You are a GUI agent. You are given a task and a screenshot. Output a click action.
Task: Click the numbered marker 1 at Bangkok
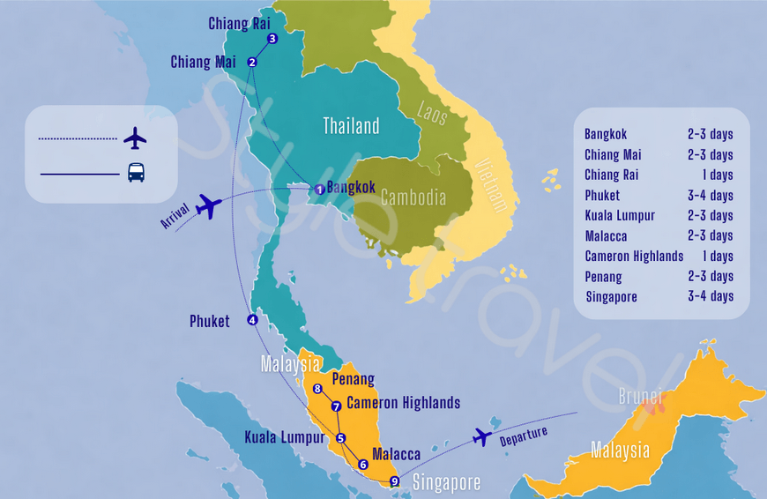tap(319, 190)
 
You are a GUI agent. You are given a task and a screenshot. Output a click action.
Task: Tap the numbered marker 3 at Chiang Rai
tap(272, 39)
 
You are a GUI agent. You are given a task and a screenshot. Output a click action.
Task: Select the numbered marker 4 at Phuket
tap(252, 320)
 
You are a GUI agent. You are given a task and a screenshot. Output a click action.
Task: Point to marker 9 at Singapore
tap(394, 481)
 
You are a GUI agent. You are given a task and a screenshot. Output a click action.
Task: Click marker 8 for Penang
tap(317, 389)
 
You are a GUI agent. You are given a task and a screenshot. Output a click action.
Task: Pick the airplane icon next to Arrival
tap(208, 206)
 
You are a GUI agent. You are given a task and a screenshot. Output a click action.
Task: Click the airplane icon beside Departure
tap(481, 436)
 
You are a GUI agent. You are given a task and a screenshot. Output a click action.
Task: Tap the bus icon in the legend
tap(136, 173)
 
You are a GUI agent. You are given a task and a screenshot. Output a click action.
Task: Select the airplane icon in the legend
tap(135, 138)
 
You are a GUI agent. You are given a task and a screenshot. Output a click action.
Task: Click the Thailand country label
tap(351, 126)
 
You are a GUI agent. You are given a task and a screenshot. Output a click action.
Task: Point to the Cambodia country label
tap(413, 197)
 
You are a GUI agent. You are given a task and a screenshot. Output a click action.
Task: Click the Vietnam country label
tap(491, 185)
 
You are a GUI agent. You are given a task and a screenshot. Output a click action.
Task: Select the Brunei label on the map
tap(640, 397)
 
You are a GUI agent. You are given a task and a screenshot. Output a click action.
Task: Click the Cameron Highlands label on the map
tap(403, 403)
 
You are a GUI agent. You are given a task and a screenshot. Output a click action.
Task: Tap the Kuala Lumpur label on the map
tap(284, 437)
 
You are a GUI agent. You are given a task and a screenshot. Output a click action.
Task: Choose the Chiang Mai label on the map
tap(203, 62)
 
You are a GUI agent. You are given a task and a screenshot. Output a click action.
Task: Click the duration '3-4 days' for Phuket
tap(710, 196)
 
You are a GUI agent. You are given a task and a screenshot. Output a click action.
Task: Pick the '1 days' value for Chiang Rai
tap(715, 175)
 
